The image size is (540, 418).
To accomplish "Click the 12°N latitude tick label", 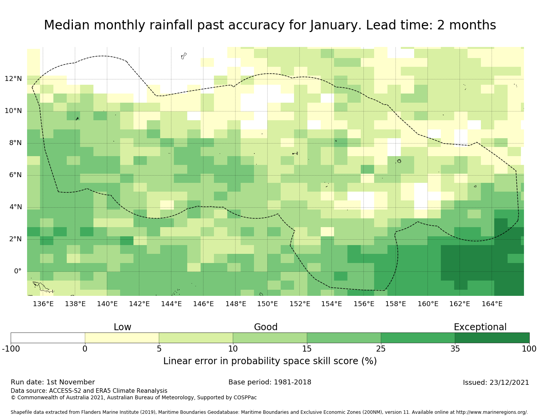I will click(x=13, y=79).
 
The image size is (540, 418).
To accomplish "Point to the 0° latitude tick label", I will click(x=18, y=271).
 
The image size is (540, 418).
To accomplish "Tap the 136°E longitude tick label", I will click(x=43, y=304).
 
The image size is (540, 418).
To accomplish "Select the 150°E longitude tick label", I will click(x=267, y=304).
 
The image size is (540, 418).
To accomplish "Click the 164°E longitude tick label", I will click(x=492, y=304).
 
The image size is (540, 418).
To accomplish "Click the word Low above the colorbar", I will click(x=122, y=328).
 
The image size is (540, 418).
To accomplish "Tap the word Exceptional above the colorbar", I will click(x=480, y=328).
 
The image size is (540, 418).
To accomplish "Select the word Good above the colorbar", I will click(x=266, y=328).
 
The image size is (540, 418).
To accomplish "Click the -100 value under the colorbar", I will click(x=11, y=349).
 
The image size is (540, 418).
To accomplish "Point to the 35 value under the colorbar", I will click(x=455, y=349).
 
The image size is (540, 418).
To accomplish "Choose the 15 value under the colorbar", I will click(x=307, y=349).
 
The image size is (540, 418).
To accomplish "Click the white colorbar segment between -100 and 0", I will click(x=48, y=338).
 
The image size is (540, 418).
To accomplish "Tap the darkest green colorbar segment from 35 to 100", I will click(x=492, y=338).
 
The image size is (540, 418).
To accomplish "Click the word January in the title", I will click(x=335, y=25).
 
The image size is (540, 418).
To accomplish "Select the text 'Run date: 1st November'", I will click(x=53, y=382).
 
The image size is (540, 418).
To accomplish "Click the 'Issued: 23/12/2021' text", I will click(x=496, y=383).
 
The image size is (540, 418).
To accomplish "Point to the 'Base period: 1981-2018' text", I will click(x=270, y=382).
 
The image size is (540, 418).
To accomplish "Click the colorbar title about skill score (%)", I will click(x=270, y=361).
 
